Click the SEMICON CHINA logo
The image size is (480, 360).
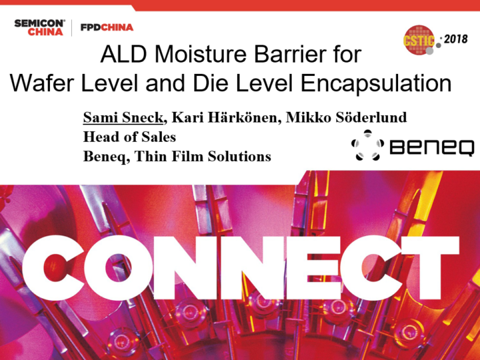(x=39, y=27)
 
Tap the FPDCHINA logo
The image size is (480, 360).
(x=107, y=27)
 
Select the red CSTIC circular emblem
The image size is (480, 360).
(x=419, y=40)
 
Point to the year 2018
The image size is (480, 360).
(x=455, y=39)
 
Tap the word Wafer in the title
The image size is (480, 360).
(x=42, y=83)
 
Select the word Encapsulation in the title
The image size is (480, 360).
(x=376, y=84)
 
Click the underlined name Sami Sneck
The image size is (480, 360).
(x=123, y=117)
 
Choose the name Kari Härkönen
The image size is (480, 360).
(x=224, y=117)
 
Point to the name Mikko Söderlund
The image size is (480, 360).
(x=346, y=117)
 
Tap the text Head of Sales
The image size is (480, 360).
(x=129, y=137)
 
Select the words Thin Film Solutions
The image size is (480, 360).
(x=203, y=156)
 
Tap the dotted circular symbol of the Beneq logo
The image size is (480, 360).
(x=367, y=145)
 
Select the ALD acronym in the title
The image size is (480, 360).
(x=124, y=55)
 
